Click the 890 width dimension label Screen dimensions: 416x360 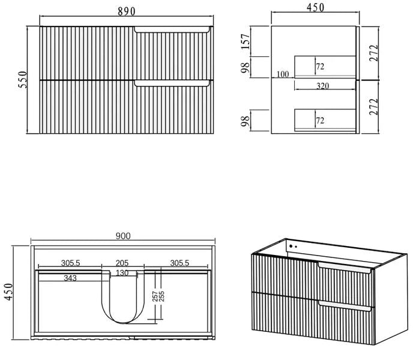[x=127, y=11]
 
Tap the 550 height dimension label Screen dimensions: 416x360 [x=23, y=80]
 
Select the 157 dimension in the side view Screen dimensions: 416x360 [x=246, y=41]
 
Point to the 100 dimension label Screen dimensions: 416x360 [x=283, y=74]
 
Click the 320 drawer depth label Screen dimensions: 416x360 [x=322, y=86]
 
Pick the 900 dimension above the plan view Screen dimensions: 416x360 [x=123, y=236]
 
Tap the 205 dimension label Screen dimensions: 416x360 [x=122, y=263]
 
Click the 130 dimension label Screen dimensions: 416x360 [x=122, y=273]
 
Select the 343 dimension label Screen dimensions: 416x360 [x=70, y=278]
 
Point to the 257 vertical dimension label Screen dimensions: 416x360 [x=155, y=296]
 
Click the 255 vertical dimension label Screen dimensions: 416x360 [x=161, y=296]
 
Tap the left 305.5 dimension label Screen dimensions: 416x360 [x=70, y=263]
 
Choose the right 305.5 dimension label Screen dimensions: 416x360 [x=179, y=263]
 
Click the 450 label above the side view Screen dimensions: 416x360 [x=315, y=7]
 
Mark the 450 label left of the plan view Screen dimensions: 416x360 [x=8, y=292]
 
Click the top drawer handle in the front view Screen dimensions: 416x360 [x=172, y=29]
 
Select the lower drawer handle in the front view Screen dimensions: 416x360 [x=172, y=83]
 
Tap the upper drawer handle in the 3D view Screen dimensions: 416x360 [x=345, y=268]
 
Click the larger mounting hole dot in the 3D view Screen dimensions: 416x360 [x=291, y=246]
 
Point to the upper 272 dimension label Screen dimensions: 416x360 [x=373, y=53]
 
